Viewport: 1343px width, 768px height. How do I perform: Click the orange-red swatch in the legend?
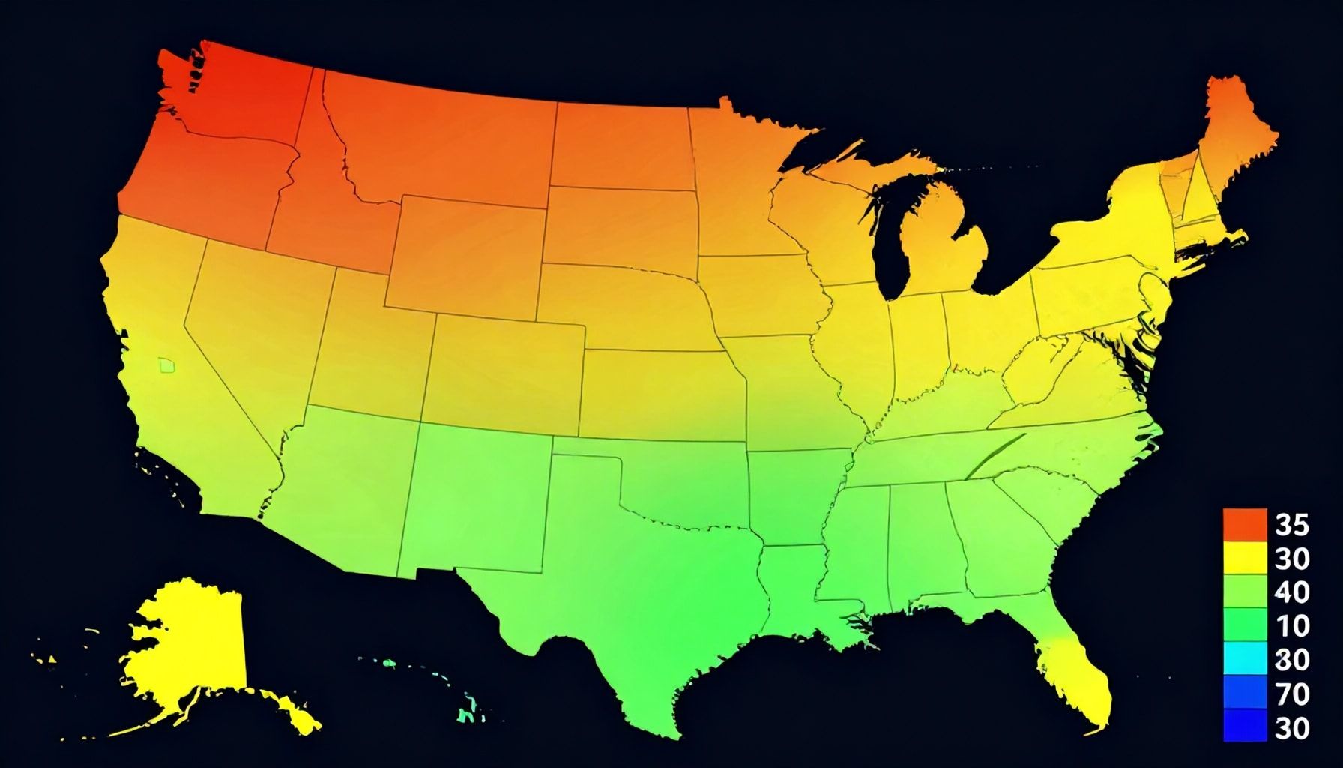(x=1244, y=524)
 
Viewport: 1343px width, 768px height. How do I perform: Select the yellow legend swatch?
(x=1244, y=558)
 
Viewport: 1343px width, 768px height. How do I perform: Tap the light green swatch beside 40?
(x=1244, y=592)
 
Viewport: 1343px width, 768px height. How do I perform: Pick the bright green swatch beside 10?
(x=1244, y=625)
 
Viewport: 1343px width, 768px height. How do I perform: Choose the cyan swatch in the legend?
(x=1244, y=659)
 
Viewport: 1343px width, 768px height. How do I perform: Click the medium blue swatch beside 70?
(x=1244, y=693)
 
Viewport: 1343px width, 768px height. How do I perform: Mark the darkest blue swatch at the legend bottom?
(x=1244, y=726)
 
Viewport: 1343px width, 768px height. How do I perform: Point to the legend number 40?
(x=1291, y=592)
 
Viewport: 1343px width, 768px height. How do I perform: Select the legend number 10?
(x=1291, y=625)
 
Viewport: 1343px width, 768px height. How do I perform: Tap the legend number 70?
(x=1291, y=694)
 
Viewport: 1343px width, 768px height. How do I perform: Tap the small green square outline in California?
(x=167, y=365)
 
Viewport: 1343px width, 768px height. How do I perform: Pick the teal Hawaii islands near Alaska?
(x=468, y=709)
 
